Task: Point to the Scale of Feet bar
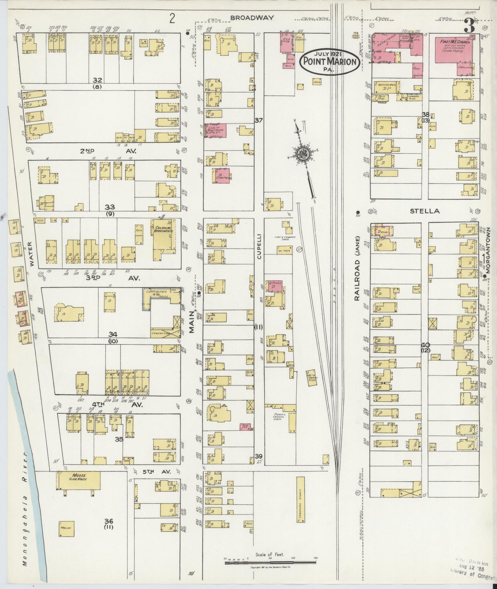pyautogui.click(x=271, y=563)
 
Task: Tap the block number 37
pyautogui.click(x=258, y=120)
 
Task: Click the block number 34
pyautogui.click(x=113, y=334)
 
